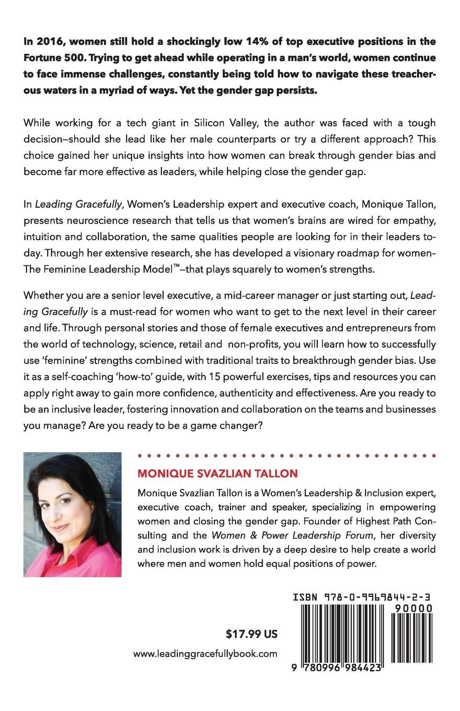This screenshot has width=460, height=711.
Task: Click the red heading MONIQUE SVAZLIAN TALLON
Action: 217,474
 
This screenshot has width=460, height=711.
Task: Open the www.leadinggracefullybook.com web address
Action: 205,653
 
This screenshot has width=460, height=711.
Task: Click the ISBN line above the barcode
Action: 362,598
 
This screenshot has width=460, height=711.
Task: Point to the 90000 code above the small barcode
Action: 415,608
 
